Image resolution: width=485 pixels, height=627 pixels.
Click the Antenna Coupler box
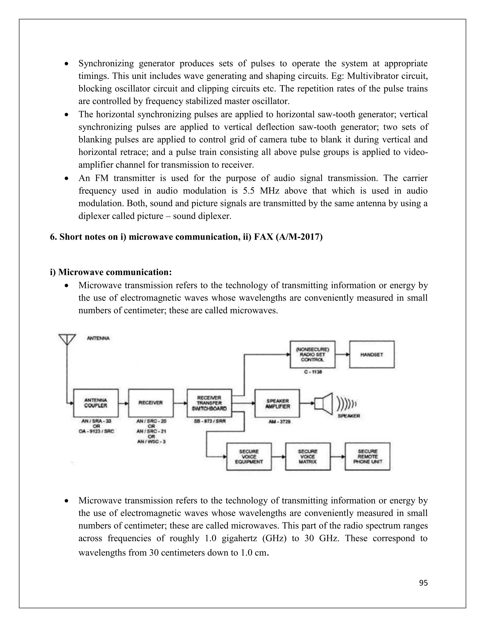(96, 403)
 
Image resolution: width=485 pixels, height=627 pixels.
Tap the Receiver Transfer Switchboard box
(209, 403)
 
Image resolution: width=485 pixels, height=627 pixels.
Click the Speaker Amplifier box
(277, 403)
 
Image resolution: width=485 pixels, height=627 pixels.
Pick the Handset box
(372, 355)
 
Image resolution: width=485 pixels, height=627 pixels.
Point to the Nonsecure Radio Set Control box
(312, 355)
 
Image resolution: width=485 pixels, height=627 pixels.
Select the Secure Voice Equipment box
(249, 456)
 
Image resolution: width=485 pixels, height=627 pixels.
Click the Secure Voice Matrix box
(308, 456)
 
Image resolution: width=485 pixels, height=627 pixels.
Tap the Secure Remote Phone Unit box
(368, 456)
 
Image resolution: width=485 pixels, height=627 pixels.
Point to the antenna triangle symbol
(67, 339)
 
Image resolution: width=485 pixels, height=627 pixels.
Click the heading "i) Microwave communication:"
(111, 272)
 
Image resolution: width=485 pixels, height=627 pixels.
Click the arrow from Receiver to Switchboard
(180, 403)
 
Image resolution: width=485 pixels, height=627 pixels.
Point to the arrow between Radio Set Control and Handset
(342, 355)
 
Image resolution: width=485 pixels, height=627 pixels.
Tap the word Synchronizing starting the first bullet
(106, 63)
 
